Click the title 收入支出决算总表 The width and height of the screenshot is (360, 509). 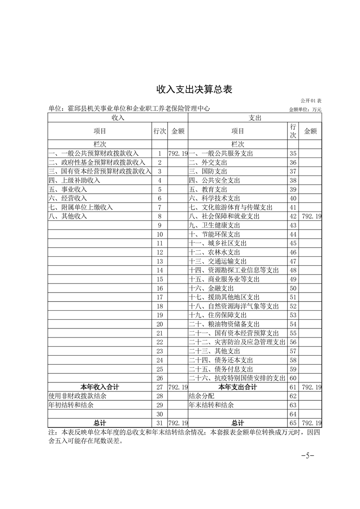[x=194, y=89]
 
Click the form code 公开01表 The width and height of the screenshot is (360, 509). [x=311, y=100]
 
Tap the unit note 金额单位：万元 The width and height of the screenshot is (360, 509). [x=305, y=110]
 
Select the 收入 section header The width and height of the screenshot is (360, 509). [x=118, y=117]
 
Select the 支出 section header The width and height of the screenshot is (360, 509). [x=255, y=117]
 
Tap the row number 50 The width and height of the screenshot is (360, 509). [x=293, y=288]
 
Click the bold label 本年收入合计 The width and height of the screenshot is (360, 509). [x=99, y=387]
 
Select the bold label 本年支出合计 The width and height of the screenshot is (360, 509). [x=237, y=387]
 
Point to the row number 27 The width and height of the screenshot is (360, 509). [x=159, y=387]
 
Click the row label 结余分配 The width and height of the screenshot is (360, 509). [x=202, y=396]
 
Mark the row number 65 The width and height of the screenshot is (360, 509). [x=293, y=423]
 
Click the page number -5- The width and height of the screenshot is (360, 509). [x=307, y=455]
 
